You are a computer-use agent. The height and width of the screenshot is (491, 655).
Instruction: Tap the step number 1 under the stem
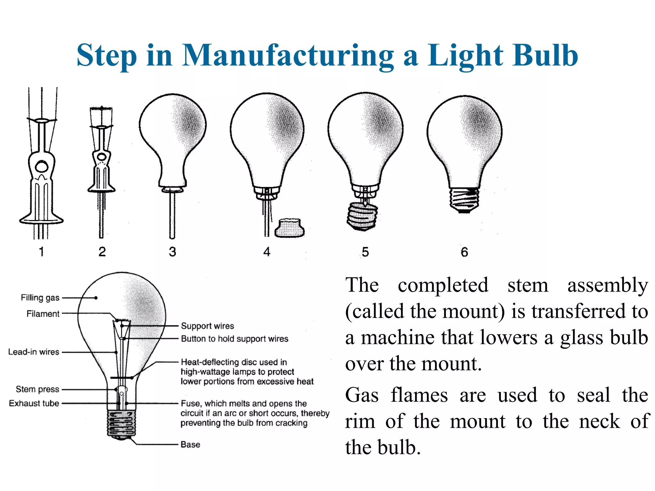click(x=41, y=252)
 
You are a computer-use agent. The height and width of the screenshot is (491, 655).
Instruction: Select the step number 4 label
click(x=267, y=252)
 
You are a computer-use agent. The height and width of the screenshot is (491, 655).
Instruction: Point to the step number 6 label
click(x=464, y=252)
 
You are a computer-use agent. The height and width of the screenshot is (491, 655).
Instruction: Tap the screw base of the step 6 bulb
click(x=464, y=200)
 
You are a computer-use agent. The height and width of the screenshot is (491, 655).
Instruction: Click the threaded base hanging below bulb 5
click(x=362, y=216)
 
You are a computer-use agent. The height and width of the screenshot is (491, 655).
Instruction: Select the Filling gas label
click(x=40, y=298)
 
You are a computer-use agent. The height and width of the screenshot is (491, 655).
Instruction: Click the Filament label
click(x=43, y=314)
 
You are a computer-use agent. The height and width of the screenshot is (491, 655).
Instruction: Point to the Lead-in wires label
click(x=34, y=352)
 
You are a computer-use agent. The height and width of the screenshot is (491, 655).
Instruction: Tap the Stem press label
click(x=37, y=389)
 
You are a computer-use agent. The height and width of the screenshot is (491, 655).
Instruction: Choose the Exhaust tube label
click(x=34, y=403)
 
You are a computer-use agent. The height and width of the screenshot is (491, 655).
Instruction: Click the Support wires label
click(x=207, y=326)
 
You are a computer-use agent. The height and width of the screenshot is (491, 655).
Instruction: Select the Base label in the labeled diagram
click(x=190, y=444)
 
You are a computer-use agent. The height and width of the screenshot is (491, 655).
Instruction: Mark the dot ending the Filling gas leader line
click(x=96, y=298)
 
